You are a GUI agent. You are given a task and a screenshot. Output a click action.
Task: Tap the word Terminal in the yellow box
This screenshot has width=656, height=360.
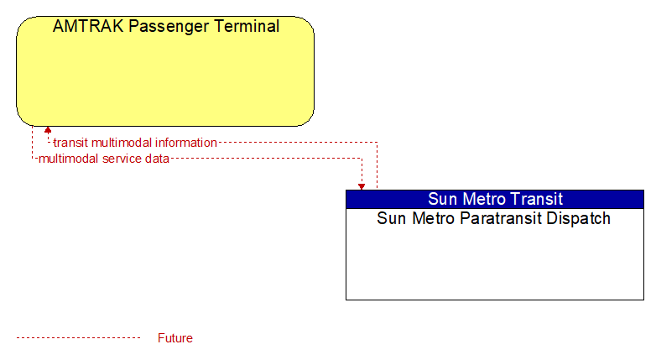[247, 26]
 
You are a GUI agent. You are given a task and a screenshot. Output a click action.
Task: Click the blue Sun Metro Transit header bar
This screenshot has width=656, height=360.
[495, 199]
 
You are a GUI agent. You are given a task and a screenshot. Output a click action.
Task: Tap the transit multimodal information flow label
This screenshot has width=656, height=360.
[135, 143]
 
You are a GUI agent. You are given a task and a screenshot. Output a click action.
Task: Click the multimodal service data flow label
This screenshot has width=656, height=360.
[104, 159]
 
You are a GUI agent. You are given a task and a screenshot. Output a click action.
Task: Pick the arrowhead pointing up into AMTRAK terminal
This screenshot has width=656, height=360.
[48, 130]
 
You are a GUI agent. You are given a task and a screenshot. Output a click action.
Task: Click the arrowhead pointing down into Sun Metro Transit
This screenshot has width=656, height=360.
[362, 186]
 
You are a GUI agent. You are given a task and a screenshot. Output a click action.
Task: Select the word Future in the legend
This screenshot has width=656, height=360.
[175, 338]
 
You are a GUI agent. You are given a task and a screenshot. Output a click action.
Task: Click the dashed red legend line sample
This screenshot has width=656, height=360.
[78, 338]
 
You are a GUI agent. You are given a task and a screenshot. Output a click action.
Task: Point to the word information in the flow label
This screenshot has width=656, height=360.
[186, 143]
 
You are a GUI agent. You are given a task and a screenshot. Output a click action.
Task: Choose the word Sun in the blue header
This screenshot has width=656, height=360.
[442, 199]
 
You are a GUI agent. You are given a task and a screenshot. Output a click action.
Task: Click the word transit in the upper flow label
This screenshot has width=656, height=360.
[70, 143]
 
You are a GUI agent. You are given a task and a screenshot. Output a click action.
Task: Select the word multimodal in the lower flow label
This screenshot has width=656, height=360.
[69, 159]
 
